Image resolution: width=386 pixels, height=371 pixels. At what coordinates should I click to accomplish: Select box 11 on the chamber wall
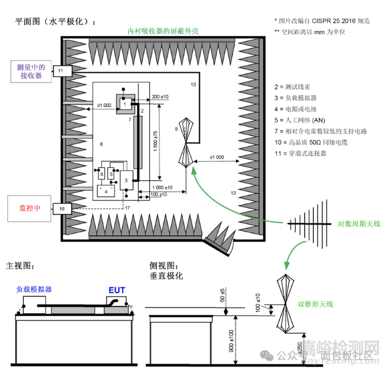pyautogui.click(x=61, y=70)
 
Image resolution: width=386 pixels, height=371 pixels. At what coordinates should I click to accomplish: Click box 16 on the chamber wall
pyautogui.click(x=61, y=210)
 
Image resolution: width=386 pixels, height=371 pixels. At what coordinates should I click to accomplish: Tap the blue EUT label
pyautogui.click(x=117, y=290)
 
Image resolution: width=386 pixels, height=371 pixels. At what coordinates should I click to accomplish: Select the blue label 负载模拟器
pyautogui.click(x=33, y=289)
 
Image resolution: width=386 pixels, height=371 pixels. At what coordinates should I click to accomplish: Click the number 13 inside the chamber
pyautogui.click(x=233, y=194)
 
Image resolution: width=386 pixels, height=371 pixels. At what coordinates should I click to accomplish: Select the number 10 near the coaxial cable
pyautogui.click(x=192, y=85)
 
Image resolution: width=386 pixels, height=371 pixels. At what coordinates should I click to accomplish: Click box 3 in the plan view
pyautogui.click(x=126, y=180)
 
